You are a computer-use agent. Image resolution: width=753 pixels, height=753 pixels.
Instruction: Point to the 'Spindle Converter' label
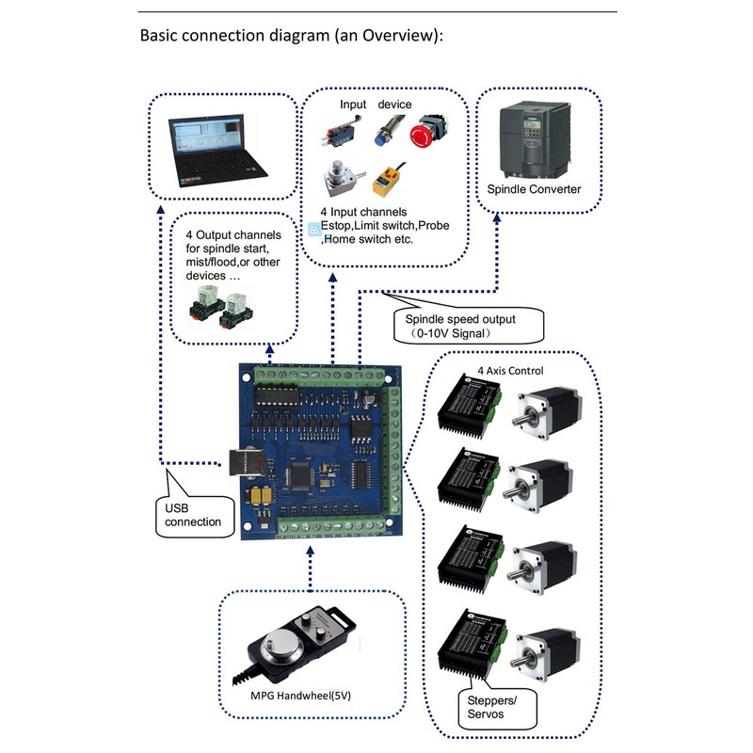click(x=534, y=189)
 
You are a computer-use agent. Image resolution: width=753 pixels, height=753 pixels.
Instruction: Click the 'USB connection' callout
click(x=193, y=514)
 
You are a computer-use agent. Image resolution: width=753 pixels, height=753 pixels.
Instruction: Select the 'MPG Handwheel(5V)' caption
click(x=308, y=697)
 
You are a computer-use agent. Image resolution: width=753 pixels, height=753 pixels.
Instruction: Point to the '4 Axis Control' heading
click(x=510, y=370)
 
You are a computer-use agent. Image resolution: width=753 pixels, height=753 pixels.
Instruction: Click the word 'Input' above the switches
click(x=353, y=104)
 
